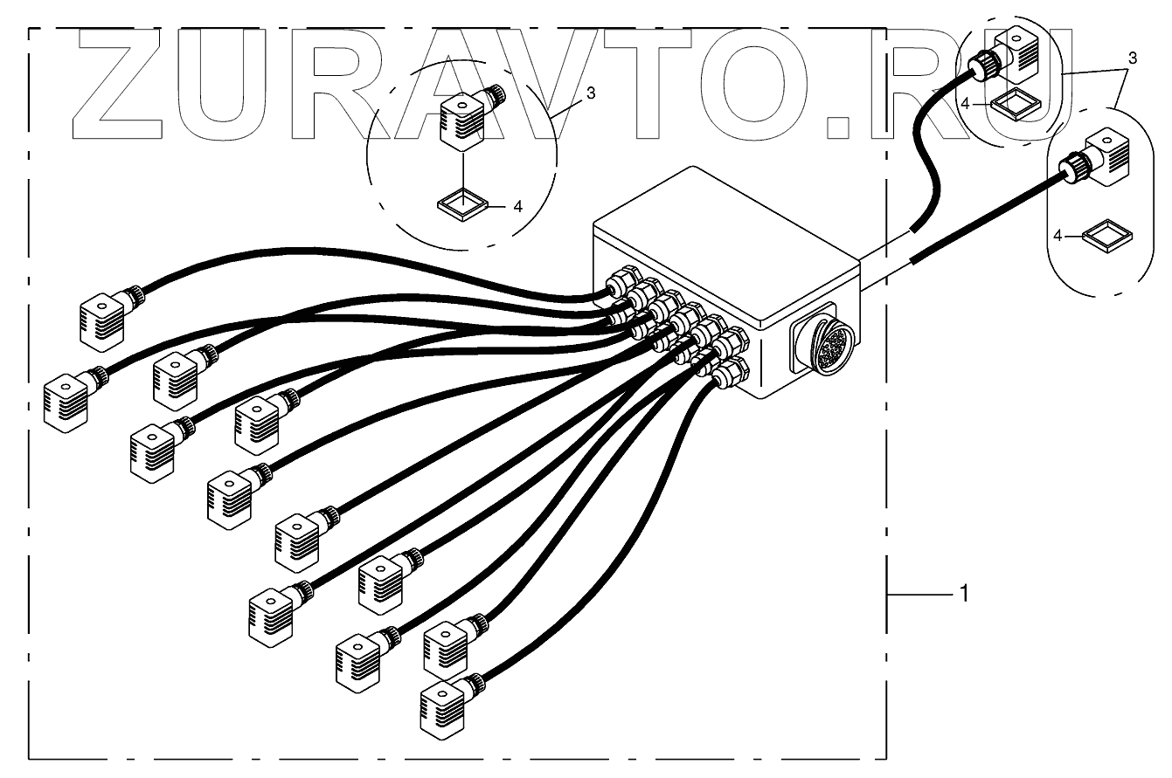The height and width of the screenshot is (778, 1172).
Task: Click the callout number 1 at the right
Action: click(963, 594)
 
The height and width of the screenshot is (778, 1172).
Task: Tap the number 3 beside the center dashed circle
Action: click(591, 93)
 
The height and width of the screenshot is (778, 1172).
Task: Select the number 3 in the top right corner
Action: click(1133, 59)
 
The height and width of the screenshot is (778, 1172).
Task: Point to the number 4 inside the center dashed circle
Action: click(517, 207)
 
